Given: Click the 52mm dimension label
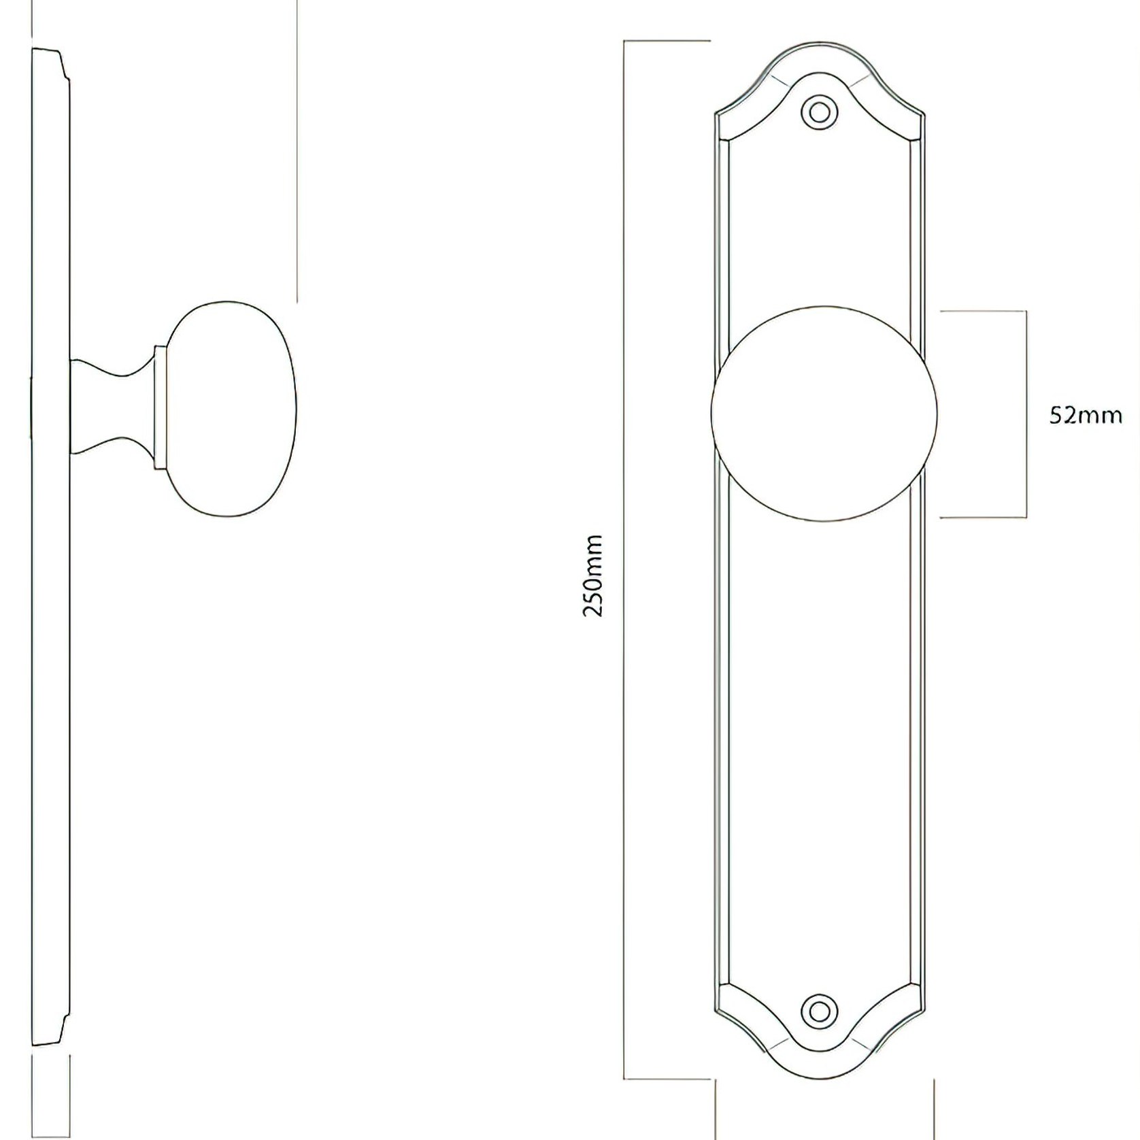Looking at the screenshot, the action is coord(1086,415).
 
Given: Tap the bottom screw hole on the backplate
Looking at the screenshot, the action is coord(819,1011).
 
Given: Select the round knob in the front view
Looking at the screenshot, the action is coord(824,414).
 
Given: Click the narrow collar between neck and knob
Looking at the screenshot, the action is coord(161,407).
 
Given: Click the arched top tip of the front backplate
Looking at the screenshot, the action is coord(819,43).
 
